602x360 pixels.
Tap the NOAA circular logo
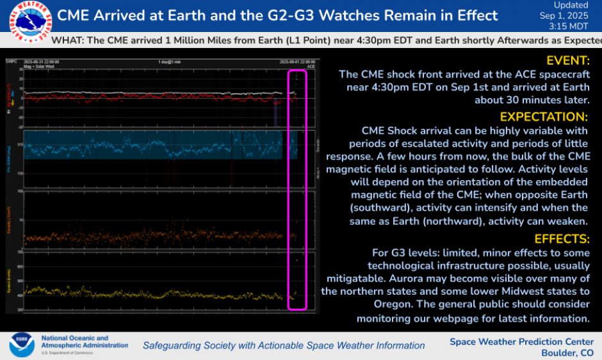tap(20, 344)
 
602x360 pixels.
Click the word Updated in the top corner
tap(571, 5)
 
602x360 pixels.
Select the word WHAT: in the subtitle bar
tap(67, 40)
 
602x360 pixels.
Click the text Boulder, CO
tap(567, 353)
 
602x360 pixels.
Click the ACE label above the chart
tap(311, 66)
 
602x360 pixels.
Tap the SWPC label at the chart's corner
tap(11, 61)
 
